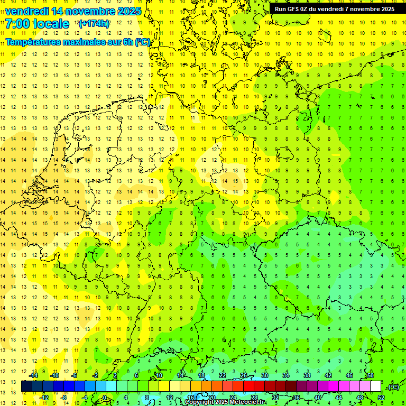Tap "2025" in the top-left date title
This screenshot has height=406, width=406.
(x=128, y=11)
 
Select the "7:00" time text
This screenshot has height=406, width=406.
(x=17, y=24)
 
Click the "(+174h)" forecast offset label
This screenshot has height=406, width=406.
(x=94, y=24)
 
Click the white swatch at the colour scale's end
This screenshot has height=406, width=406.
(x=376, y=386)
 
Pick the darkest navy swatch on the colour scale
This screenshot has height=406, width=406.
(x=26, y=386)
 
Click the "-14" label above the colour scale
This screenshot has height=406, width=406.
(x=33, y=375)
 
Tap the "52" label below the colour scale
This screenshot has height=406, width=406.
(x=381, y=398)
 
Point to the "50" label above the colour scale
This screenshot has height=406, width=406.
(x=371, y=375)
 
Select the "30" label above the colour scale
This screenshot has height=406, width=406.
(x=264, y=375)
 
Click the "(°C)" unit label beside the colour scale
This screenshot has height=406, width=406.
(x=393, y=387)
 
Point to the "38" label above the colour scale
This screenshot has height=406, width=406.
(x=307, y=375)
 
